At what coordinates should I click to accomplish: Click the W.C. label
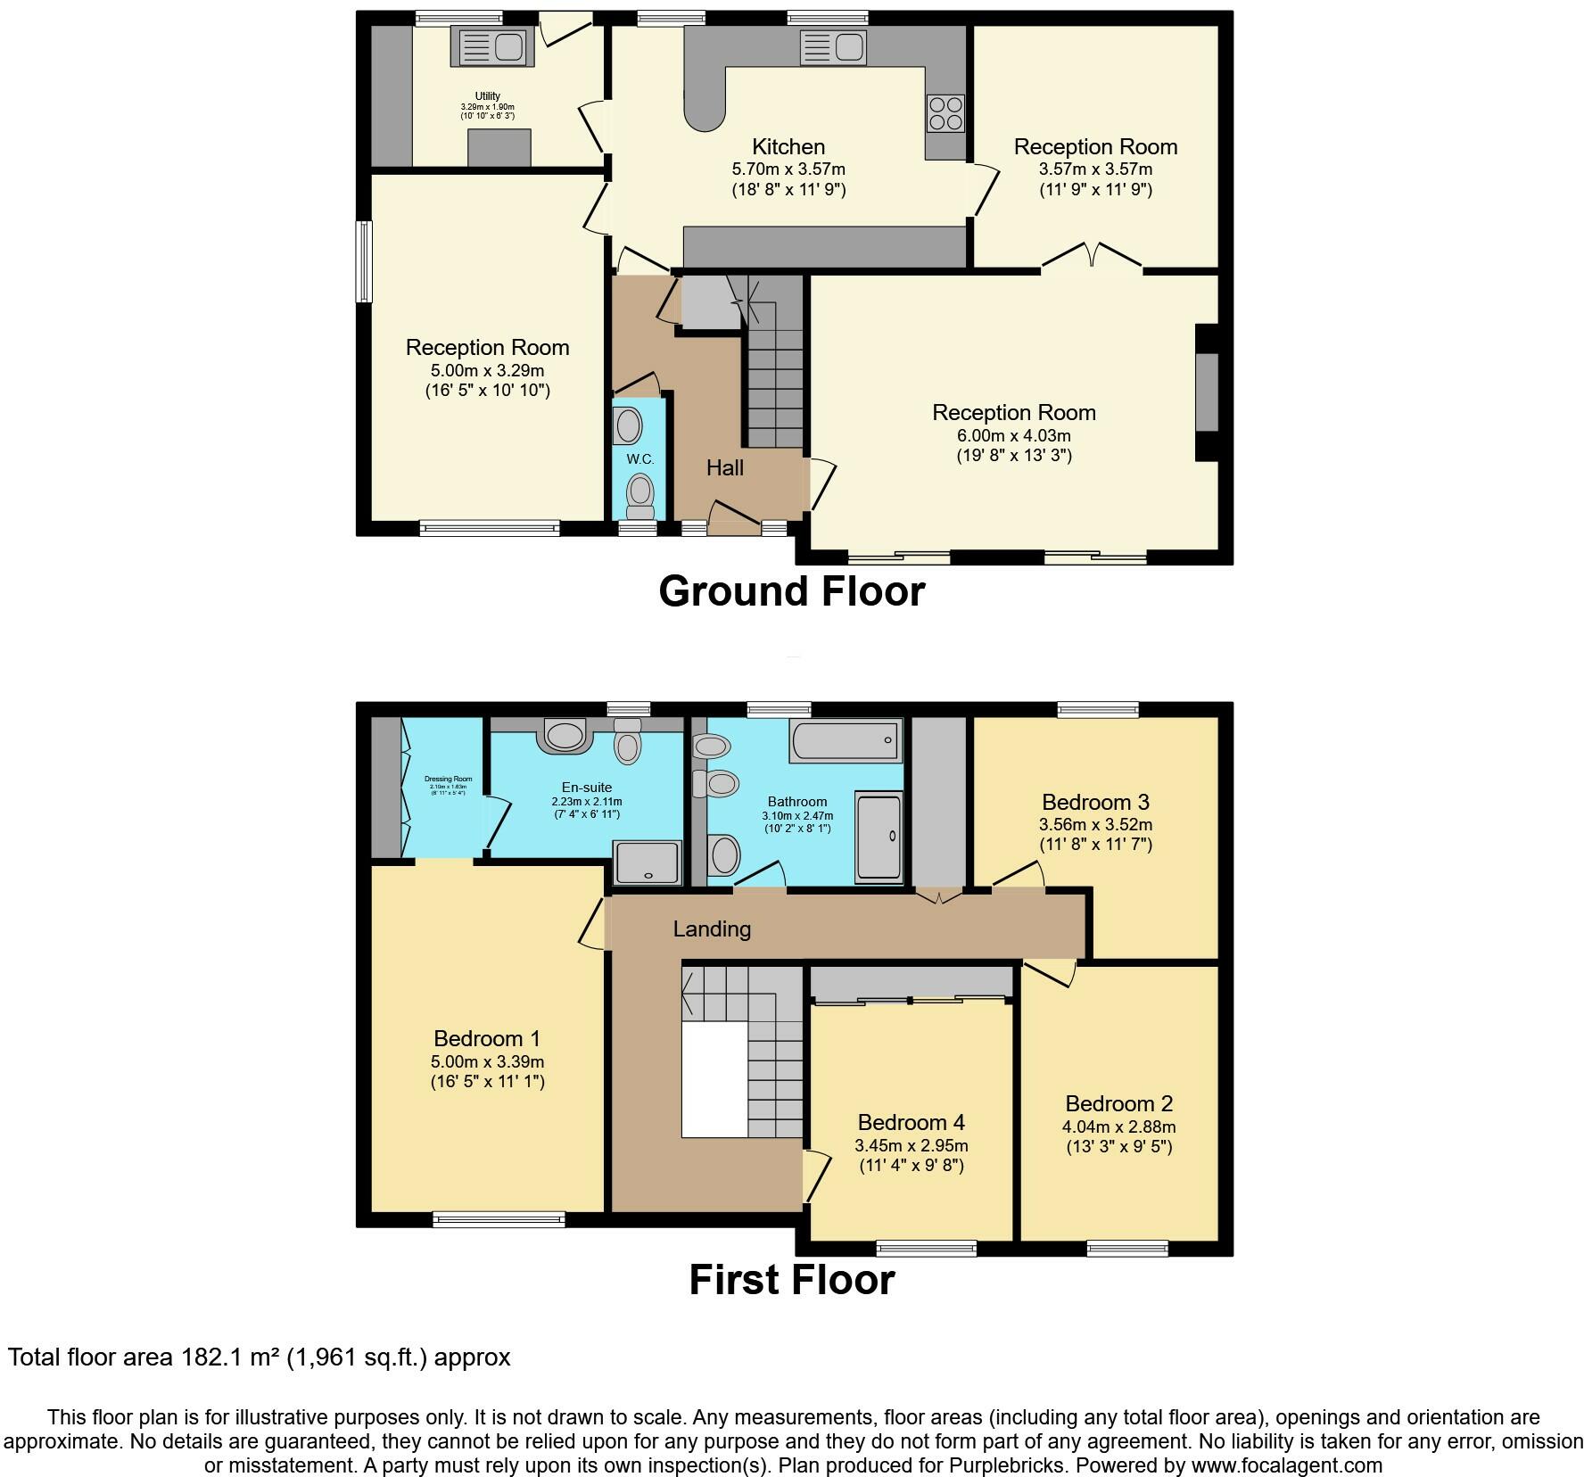(639, 459)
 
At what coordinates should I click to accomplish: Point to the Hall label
(724, 467)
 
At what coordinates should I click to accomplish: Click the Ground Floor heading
(791, 591)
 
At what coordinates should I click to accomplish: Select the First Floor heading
(791, 1280)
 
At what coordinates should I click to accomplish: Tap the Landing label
(711, 929)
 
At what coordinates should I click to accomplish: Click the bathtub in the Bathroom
(844, 741)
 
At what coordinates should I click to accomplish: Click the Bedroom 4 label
(911, 1122)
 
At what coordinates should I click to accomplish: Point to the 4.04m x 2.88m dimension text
(1118, 1127)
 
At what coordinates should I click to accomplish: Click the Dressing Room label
(448, 779)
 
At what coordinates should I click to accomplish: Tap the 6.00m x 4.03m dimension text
(1013, 436)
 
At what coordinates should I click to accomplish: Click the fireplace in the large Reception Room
(1206, 392)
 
